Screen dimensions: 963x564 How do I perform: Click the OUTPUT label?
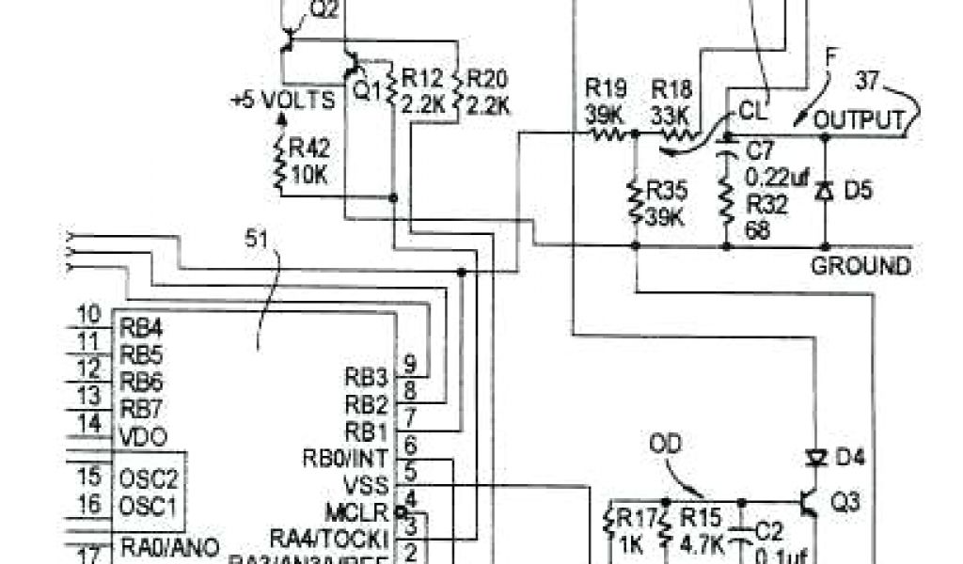click(860, 120)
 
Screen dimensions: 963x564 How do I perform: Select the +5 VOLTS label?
click(283, 100)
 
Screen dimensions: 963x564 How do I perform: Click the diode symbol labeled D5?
click(826, 191)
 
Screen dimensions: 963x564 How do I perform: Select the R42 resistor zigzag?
click(280, 161)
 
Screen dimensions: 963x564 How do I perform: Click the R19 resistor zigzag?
click(607, 134)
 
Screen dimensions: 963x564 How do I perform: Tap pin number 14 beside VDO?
click(89, 424)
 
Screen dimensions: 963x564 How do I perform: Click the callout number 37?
click(867, 82)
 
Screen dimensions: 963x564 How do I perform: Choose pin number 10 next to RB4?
click(89, 314)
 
